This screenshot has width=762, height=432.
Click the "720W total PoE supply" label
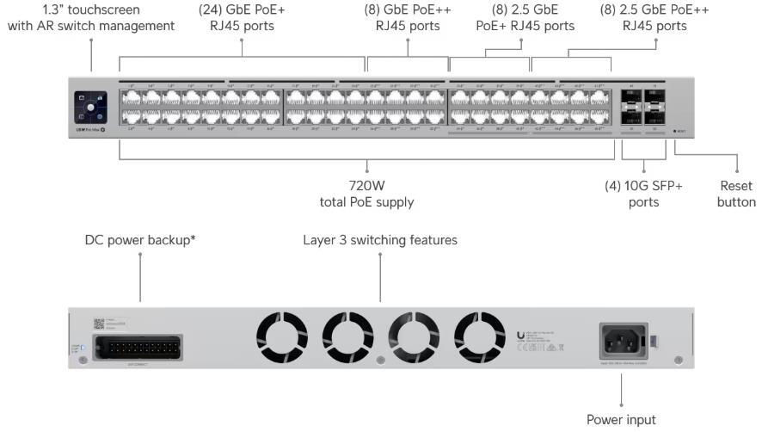click(x=368, y=194)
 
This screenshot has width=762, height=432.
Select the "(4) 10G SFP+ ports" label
click(x=644, y=194)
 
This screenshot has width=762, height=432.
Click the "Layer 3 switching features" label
click(x=380, y=240)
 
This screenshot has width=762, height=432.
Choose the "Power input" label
click(x=621, y=420)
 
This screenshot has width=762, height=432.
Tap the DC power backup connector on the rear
click(x=143, y=348)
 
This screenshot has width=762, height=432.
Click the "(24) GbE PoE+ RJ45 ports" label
click(x=243, y=18)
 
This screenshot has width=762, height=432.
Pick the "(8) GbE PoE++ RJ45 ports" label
click(x=408, y=18)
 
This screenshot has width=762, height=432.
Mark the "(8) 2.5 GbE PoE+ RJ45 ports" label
click(x=525, y=18)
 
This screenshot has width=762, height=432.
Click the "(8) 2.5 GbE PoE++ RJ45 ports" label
click(x=655, y=18)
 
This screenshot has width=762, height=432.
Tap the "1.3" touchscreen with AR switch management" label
click(x=91, y=18)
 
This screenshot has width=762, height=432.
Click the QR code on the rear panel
click(x=98, y=324)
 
